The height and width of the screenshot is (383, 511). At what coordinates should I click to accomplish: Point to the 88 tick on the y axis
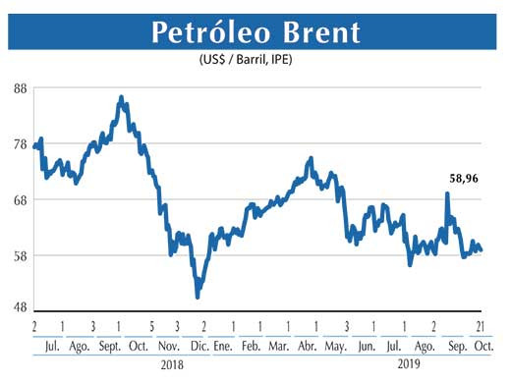pos(20,87)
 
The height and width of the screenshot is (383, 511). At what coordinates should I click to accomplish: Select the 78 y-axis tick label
pos(20,144)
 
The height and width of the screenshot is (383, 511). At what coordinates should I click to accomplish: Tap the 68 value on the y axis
pos(20,200)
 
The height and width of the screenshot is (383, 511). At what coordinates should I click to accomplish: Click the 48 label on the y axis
pos(20,306)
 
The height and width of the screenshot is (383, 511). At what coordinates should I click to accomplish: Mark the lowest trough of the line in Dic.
pos(198,296)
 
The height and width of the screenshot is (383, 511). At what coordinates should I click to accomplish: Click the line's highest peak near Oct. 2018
pos(120,97)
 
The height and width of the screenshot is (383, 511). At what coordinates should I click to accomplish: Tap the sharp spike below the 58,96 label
pos(447,193)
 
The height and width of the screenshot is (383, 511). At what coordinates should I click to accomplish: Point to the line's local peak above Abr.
pos(311,158)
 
